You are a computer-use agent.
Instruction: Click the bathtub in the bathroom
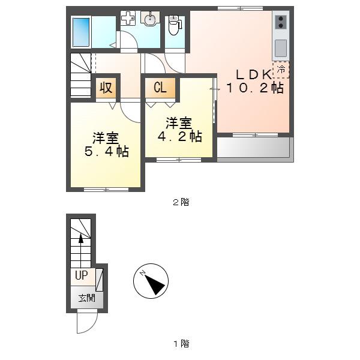(x=81, y=32)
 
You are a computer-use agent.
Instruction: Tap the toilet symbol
(x=175, y=25)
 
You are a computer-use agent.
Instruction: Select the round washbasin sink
(x=150, y=18)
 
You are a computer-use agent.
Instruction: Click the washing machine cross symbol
(x=128, y=18)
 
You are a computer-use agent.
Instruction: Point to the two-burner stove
(x=281, y=22)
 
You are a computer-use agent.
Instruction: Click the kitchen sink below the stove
(x=281, y=48)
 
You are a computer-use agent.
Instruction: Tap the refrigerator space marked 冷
(x=281, y=70)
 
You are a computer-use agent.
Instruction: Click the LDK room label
(x=253, y=75)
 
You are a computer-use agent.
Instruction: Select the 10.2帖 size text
(x=255, y=88)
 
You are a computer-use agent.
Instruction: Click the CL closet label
(x=160, y=88)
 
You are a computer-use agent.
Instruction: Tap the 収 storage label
(x=106, y=88)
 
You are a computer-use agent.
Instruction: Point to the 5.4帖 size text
(x=107, y=152)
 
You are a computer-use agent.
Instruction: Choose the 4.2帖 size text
(x=180, y=136)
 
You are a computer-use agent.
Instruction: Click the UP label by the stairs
(x=82, y=275)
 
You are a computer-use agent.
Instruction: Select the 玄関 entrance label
(x=87, y=298)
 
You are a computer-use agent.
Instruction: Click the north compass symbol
(x=151, y=281)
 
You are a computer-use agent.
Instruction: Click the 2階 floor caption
(x=181, y=202)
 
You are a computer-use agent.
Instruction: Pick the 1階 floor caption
(x=181, y=344)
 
